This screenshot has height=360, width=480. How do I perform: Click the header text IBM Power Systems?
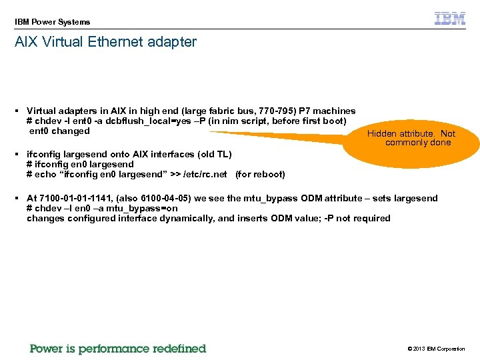[x=52, y=22]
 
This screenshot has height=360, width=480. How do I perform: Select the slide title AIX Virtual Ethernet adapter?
[x=105, y=42]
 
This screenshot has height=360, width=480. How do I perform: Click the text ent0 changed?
[x=59, y=131]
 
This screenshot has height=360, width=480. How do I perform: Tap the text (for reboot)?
[x=260, y=175]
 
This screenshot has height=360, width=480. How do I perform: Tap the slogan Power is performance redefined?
[x=118, y=349]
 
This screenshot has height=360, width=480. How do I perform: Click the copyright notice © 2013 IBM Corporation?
[x=435, y=349]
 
